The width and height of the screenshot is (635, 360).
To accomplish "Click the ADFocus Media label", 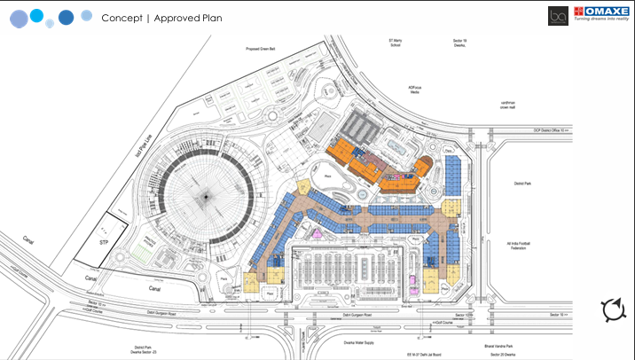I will pyautogui.click(x=413, y=90).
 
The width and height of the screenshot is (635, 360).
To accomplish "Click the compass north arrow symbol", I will pyautogui.click(x=613, y=310).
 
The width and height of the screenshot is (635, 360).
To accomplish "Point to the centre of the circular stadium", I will pyautogui.click(x=209, y=195).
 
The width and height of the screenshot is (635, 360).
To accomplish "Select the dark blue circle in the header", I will pyautogui.click(x=66, y=18).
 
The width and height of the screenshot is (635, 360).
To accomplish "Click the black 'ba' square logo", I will pyautogui.click(x=558, y=15).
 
